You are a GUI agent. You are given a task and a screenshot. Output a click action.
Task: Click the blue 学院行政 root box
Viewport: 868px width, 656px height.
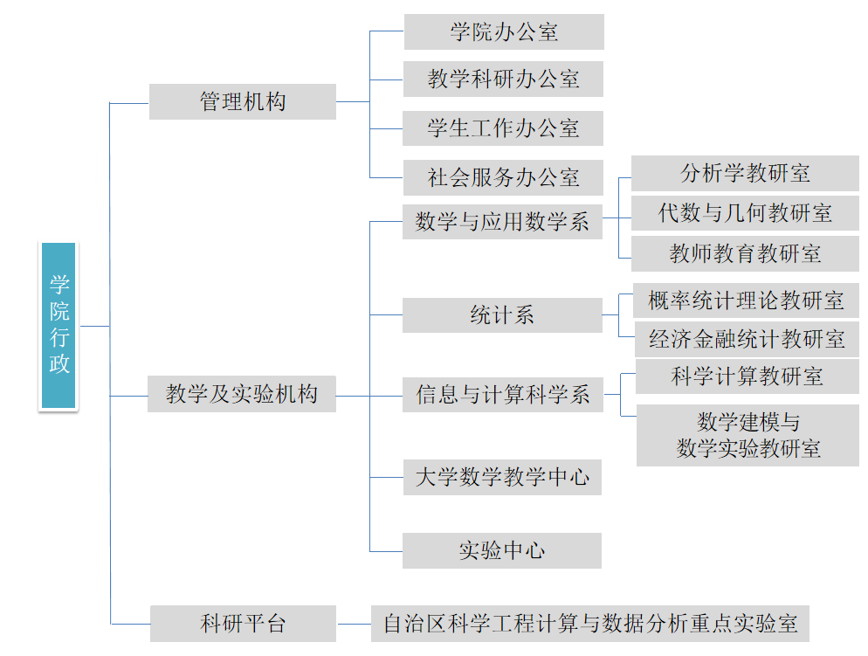pos(59,326)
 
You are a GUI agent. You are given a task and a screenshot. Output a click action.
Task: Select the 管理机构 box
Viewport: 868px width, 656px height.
pos(243,102)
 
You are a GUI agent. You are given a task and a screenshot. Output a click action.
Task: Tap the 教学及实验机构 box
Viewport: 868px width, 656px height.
pos(242,395)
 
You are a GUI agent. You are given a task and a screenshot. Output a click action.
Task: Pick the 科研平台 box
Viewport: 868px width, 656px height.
pos(243,624)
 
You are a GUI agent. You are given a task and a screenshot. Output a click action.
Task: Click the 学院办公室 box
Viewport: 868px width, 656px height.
pos(503,32)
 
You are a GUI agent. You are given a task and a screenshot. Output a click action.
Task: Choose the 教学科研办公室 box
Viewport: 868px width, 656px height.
pos(503,79)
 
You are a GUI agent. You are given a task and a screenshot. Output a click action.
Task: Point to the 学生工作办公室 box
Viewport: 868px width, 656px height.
pos(503,128)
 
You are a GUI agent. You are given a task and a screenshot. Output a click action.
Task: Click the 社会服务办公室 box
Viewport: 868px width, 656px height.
pos(503,178)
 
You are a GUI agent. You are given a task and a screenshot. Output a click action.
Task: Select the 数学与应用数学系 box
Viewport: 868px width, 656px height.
pos(502,221)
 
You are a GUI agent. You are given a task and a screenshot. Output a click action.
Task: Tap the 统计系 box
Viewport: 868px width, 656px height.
pos(502,315)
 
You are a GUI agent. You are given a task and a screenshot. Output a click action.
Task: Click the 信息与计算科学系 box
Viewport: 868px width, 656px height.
pos(502,395)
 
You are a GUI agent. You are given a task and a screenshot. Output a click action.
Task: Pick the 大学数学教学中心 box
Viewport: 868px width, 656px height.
pos(502,477)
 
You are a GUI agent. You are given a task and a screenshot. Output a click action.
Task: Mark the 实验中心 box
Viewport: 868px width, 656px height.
pos(502,551)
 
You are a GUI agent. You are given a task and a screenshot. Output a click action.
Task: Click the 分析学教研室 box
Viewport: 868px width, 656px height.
pos(745,173)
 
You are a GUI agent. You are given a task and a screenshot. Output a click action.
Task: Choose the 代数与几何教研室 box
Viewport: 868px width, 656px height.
pos(745,212)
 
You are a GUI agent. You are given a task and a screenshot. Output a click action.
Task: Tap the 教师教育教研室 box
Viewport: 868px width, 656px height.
pos(745,253)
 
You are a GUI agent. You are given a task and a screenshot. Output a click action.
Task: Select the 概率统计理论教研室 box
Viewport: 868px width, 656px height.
pos(746,300)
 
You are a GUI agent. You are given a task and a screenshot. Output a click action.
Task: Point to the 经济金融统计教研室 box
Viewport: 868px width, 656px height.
pos(746,339)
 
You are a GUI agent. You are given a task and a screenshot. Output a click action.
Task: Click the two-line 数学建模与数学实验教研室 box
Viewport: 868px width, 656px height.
pos(747,435)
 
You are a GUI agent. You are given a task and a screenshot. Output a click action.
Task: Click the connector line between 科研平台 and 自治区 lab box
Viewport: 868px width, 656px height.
pos(354,624)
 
